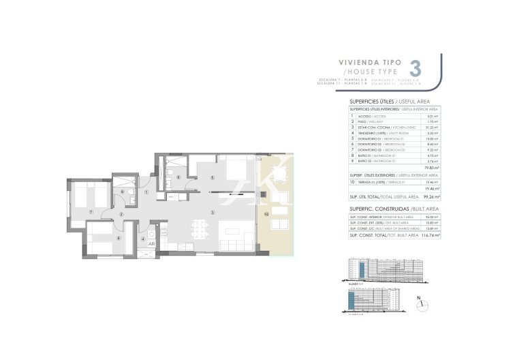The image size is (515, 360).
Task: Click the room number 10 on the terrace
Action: coord(266,213)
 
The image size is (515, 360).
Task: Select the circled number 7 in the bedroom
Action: coord(91,211)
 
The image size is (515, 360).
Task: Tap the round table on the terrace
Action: coord(277,169)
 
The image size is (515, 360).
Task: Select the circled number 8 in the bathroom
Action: coord(178,178)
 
